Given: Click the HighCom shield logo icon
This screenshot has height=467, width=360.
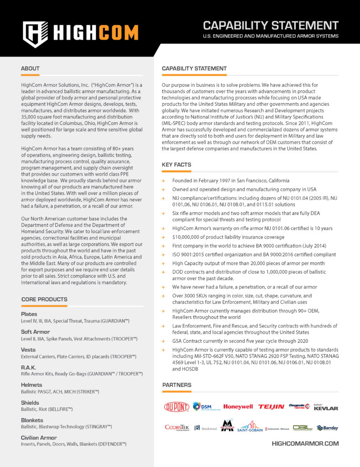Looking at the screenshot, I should tap(35, 34).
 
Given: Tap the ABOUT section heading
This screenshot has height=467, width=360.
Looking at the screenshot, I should tap(30, 68).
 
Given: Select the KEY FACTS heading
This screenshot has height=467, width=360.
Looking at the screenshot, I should tap(177, 165).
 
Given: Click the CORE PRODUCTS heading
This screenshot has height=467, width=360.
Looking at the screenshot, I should tap(44, 299).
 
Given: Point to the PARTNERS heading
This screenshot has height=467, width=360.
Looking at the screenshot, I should tap(177, 385).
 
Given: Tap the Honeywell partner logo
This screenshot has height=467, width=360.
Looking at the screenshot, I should tap(238, 407).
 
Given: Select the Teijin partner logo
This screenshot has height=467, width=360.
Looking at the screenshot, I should tap(271, 407).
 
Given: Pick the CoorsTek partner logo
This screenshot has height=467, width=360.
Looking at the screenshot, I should tap(177, 428).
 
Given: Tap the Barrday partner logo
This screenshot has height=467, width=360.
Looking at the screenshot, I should tap(327, 428).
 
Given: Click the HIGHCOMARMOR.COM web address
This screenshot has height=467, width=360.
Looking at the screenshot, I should tap(305, 443).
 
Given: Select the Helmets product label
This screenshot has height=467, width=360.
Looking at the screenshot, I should tap(31, 385).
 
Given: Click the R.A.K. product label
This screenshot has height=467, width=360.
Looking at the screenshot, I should tap(28, 367).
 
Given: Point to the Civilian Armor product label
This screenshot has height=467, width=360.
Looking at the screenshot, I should tap(39, 437).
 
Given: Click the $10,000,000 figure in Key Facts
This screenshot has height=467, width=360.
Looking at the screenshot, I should tap(189, 237).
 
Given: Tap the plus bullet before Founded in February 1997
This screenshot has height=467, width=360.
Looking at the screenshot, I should tap(163, 181).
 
